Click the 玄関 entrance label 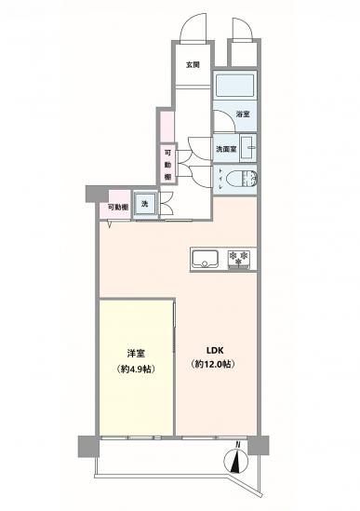(192, 65)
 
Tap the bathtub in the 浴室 (235, 87)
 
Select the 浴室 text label (242, 114)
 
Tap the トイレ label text (220, 177)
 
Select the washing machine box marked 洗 (144, 205)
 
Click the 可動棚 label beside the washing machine (116, 207)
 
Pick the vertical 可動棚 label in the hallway (168, 165)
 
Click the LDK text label (212, 351)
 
